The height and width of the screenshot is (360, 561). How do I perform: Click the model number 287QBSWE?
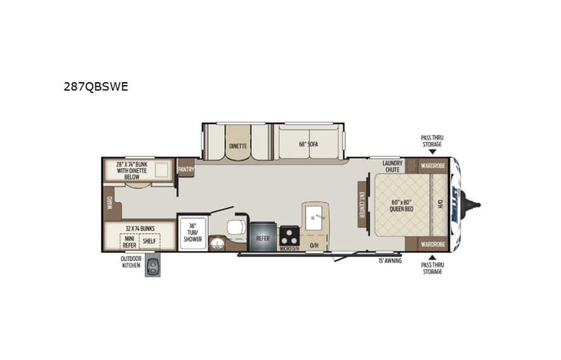(x=96, y=87)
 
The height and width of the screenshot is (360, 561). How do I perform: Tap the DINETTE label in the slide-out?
(x=238, y=146)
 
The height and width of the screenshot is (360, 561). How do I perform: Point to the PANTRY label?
(x=186, y=168)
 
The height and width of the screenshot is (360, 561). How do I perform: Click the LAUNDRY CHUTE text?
(x=393, y=166)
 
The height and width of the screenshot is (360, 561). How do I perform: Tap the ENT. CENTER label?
(x=361, y=204)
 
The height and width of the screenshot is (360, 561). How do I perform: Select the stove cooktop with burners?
(x=289, y=235)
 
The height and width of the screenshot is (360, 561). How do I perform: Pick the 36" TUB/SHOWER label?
(x=191, y=233)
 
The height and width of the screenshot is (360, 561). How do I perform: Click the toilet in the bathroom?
(x=236, y=226)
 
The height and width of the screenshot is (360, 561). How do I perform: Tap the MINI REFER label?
(x=129, y=241)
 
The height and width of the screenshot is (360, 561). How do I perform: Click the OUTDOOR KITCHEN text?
(x=130, y=263)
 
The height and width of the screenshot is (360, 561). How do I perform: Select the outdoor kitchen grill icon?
(x=153, y=267)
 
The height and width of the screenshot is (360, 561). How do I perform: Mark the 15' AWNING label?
(x=390, y=261)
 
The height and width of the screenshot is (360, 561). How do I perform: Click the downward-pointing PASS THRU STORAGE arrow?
(x=431, y=152)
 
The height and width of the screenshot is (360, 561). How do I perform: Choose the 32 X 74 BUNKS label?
(x=138, y=229)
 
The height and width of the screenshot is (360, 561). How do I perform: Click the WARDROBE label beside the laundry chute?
(x=433, y=166)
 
